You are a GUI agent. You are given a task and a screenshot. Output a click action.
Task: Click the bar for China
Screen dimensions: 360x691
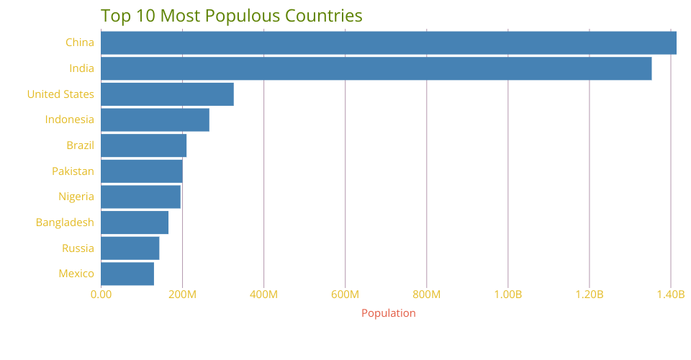point(389,42)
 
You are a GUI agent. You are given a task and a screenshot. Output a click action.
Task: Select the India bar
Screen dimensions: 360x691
point(376,68)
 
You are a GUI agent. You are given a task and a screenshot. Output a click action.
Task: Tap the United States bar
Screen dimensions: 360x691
point(167,94)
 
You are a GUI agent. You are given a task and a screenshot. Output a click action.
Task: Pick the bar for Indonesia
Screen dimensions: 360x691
point(155,120)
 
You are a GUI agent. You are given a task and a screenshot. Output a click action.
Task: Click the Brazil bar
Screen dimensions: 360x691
point(143,145)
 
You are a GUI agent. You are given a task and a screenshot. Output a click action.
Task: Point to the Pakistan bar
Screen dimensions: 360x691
point(141,171)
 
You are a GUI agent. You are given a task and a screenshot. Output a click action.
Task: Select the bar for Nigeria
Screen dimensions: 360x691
point(140,197)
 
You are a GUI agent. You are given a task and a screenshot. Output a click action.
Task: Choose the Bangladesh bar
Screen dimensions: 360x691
point(135,222)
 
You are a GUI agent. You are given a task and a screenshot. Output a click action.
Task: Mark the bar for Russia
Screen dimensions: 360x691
point(130,248)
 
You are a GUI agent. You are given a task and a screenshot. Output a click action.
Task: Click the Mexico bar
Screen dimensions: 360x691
point(127,274)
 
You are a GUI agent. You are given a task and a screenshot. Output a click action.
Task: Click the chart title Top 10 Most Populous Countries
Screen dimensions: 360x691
point(232,15)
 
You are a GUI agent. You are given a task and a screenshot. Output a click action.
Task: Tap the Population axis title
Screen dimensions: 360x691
point(388,313)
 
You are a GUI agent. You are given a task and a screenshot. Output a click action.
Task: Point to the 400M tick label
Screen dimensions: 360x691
point(263,294)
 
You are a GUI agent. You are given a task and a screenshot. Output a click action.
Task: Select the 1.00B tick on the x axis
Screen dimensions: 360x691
point(508,294)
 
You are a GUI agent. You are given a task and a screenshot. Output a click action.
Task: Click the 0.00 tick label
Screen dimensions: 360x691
point(101,294)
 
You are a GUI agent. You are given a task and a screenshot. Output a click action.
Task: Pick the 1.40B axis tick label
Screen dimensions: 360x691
point(671,294)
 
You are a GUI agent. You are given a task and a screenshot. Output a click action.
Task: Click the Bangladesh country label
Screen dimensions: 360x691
point(65,222)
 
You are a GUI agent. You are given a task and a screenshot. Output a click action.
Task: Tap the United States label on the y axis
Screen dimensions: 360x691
point(60,94)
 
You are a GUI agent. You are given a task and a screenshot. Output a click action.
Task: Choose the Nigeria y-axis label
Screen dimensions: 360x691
point(76,197)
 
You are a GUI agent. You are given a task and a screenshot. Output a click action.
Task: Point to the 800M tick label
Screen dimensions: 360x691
point(427,294)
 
